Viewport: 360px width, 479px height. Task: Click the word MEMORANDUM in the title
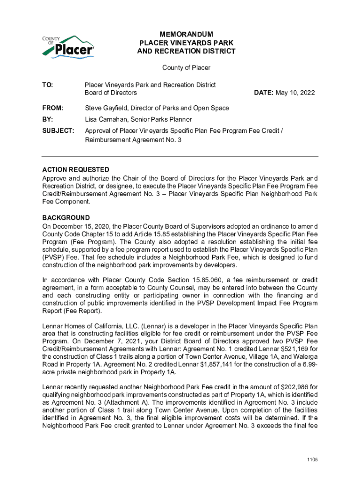pos(186,35)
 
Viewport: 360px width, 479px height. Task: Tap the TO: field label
pos(48,85)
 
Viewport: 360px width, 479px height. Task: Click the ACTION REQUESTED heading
pos(76,170)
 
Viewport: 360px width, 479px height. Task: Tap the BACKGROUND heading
pos(66,218)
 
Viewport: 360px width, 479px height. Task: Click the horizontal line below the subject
pos(180,156)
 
